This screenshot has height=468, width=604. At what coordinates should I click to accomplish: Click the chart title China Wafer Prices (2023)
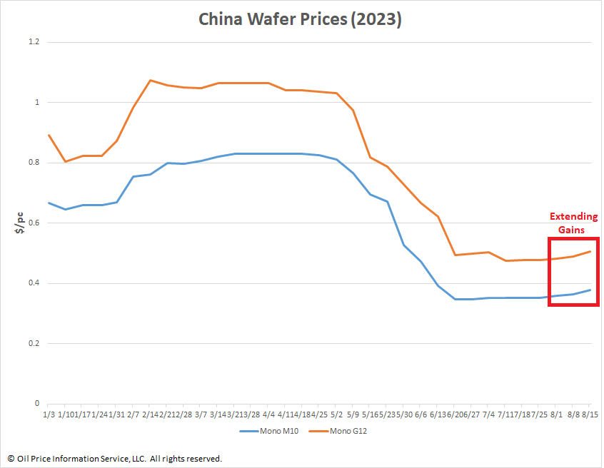point(300,19)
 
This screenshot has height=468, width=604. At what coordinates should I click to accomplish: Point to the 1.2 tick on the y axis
point(33,42)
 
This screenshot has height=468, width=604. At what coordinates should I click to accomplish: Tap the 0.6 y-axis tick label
point(33,223)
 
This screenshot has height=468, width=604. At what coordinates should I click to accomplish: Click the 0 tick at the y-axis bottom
point(36,404)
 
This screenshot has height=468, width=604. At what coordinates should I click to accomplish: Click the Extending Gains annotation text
point(573,222)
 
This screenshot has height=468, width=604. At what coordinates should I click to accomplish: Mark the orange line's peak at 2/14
point(151,80)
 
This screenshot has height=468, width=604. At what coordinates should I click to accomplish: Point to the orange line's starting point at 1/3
point(49,135)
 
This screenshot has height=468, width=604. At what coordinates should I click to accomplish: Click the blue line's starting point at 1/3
point(49,203)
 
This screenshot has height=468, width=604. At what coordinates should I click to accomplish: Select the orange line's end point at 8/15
point(590,251)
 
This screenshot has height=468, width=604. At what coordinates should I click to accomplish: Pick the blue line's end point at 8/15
point(590,290)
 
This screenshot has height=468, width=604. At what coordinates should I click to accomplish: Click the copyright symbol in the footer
point(11,458)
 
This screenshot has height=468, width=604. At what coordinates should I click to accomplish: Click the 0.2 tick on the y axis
point(33,344)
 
